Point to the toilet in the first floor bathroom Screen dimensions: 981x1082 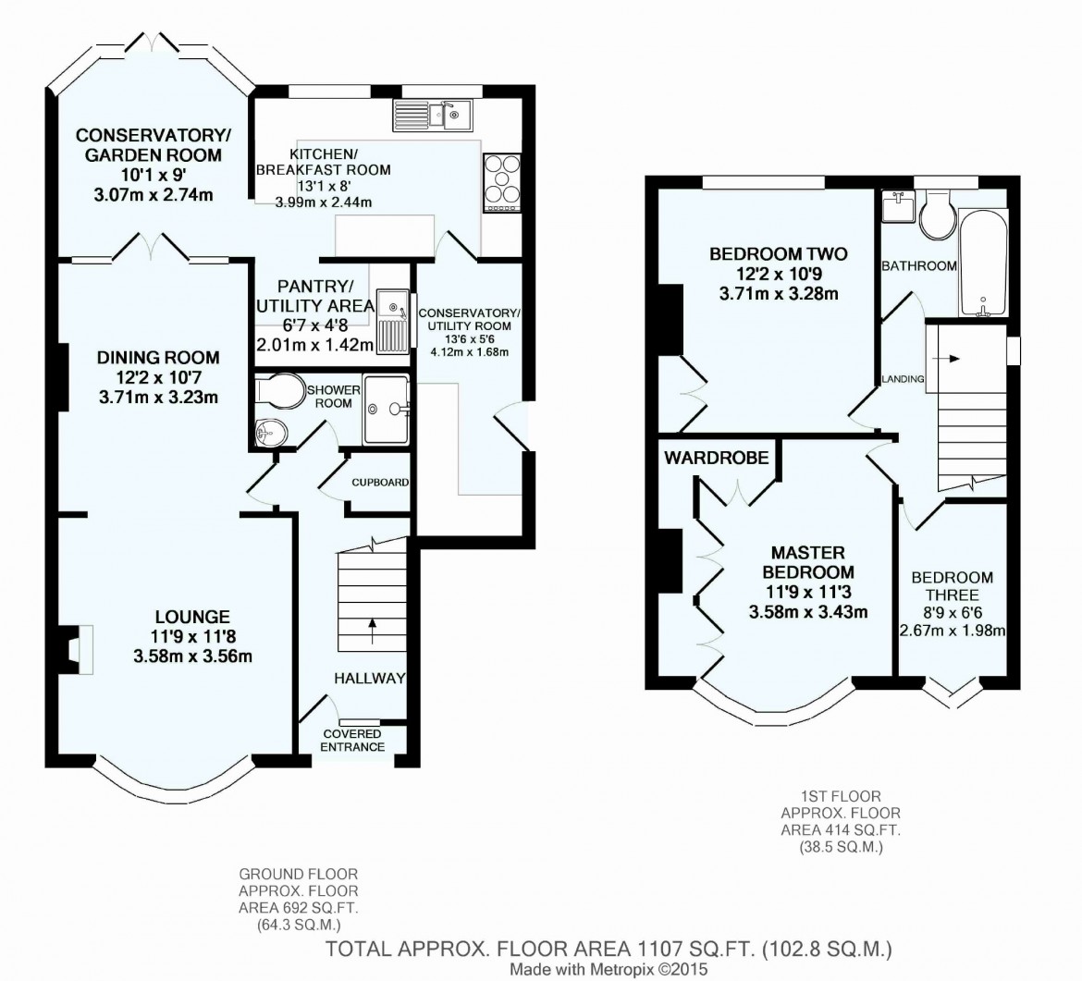click(x=935, y=210)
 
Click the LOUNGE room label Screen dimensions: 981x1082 click(x=192, y=617)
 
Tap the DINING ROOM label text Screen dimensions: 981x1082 click(x=158, y=357)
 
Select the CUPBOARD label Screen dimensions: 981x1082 click(x=380, y=483)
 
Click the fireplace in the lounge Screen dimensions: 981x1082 click(x=76, y=644)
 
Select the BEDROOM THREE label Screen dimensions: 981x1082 click(x=953, y=586)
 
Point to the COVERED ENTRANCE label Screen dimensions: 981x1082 click(x=351, y=740)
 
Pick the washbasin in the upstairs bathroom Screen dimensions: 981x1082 click(x=897, y=206)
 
